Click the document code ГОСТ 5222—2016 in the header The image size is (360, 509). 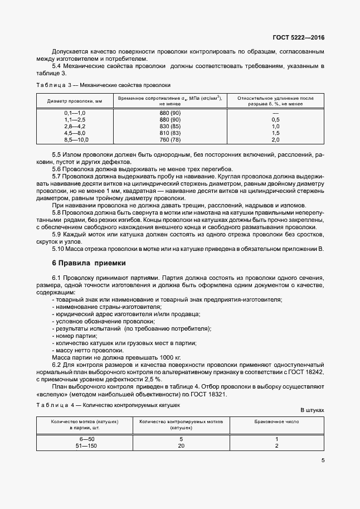pos(298,37)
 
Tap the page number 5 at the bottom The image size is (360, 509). pos(323,460)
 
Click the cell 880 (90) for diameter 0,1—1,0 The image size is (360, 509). pos(170,113)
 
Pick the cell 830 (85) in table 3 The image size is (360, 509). pos(170,127)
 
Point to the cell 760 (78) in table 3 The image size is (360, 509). pos(170,140)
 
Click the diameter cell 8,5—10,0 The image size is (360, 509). pos(76,140)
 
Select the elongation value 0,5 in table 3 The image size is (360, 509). pos(275,120)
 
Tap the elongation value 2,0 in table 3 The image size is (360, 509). pos(275,140)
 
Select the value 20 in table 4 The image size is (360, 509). pos(181,446)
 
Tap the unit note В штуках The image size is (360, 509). pos(312,410)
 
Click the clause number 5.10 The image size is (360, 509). pos(59,249)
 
